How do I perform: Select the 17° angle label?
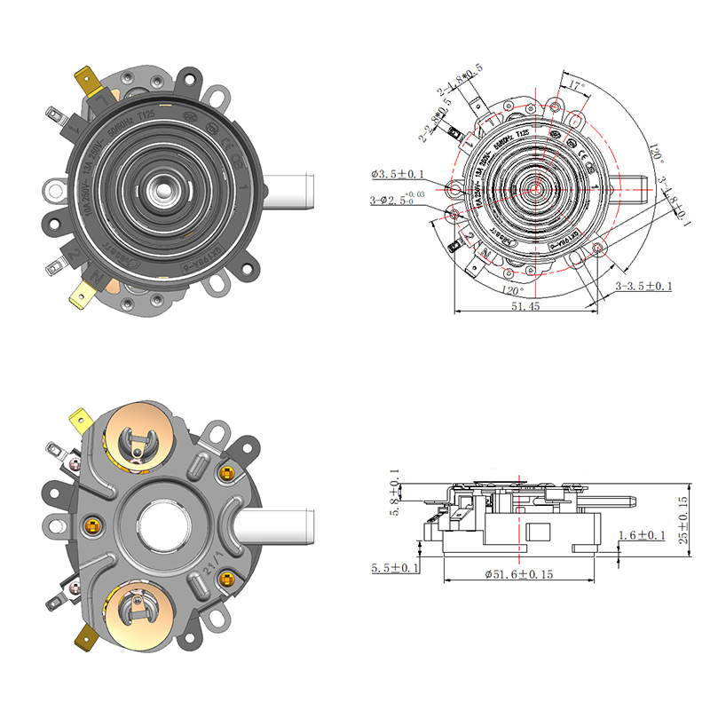click(577, 86)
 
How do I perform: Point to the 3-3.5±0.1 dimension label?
click(644, 286)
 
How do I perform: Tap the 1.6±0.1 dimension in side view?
click(643, 535)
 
